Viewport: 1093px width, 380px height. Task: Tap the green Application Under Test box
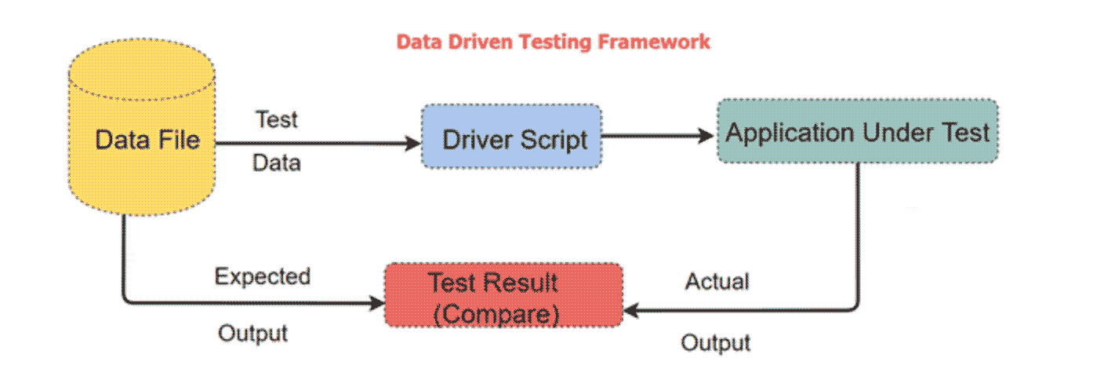point(857,131)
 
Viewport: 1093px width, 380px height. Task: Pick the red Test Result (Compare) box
point(503,295)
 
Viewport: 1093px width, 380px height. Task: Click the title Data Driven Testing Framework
point(553,41)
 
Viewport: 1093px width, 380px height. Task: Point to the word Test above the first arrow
point(277,120)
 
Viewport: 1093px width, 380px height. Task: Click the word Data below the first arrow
point(277,163)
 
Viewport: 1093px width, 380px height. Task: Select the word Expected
point(263,277)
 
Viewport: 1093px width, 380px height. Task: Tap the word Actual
point(717,281)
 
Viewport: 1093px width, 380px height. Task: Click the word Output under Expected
point(252,333)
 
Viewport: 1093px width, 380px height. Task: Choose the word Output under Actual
point(715,343)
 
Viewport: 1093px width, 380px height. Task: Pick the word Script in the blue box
point(556,141)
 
